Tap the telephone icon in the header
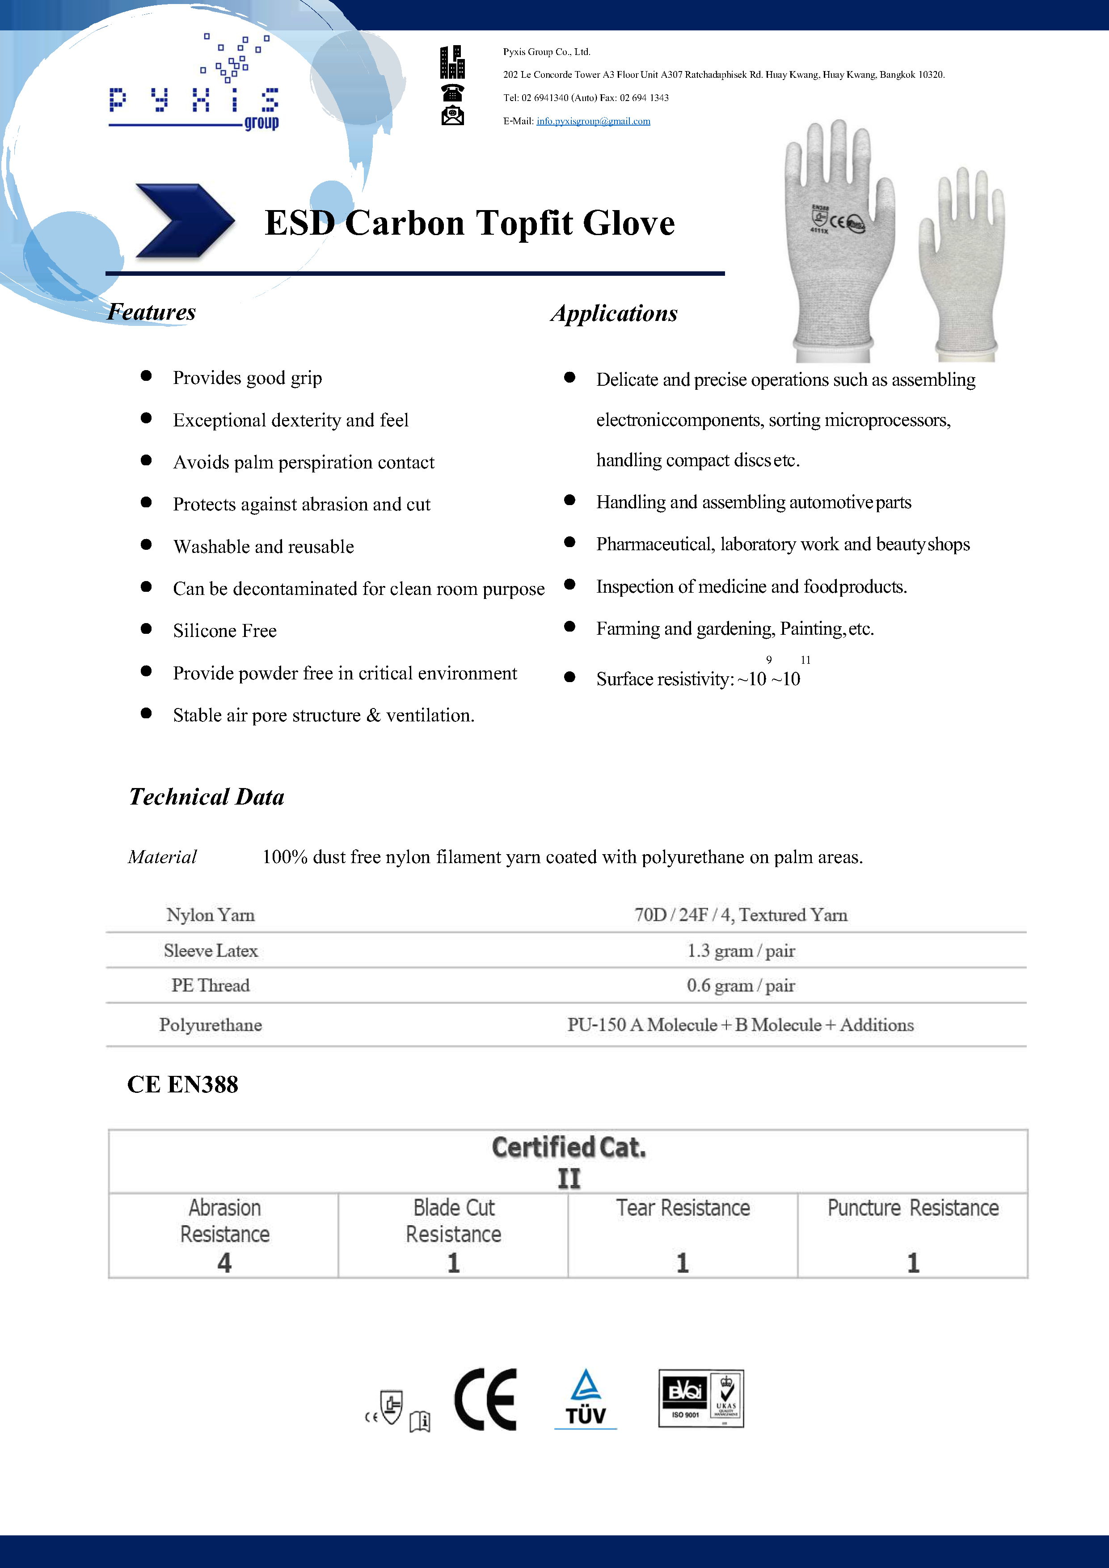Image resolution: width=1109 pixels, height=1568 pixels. point(452,92)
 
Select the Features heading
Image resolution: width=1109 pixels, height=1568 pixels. point(152,312)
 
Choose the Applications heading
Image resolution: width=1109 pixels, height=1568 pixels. point(614,313)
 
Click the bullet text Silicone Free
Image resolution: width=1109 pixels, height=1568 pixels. point(225,630)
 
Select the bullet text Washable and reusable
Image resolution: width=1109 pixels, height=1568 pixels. point(264,546)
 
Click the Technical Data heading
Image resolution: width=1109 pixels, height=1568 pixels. point(206,797)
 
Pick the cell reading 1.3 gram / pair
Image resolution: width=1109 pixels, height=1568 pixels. point(741,951)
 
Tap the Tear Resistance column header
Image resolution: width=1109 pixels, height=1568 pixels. point(683,1208)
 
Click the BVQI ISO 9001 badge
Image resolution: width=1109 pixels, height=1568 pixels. point(700,1398)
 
